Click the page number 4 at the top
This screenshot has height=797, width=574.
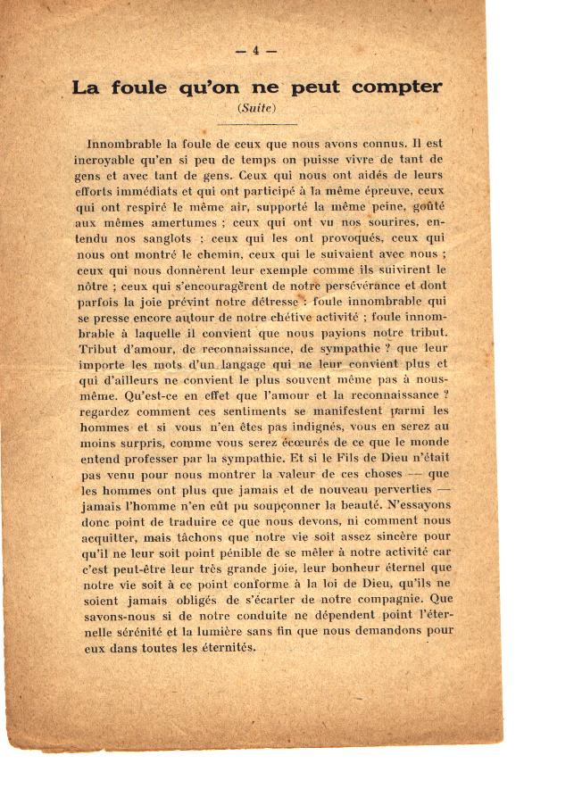coord(256,51)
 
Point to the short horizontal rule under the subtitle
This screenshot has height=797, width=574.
coord(256,123)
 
